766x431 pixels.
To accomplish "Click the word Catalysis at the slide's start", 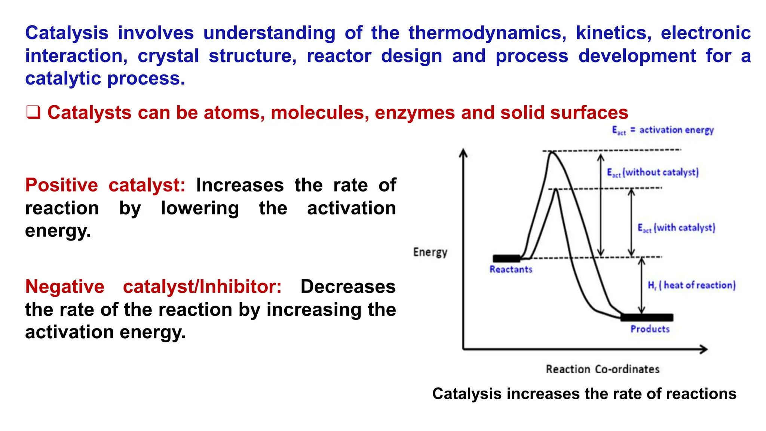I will tap(67, 33).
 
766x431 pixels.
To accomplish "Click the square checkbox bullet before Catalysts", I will tap(33, 113).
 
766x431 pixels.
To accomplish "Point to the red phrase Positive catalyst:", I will tap(105, 185).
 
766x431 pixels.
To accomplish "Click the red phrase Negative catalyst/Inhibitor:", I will tap(153, 287).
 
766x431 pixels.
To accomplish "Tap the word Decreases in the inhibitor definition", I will tap(348, 287).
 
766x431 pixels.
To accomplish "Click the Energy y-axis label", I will tap(430, 252).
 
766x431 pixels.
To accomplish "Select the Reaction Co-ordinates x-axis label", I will tap(602, 369).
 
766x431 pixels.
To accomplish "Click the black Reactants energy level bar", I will tap(506, 258).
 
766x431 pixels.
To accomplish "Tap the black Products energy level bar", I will tap(647, 318).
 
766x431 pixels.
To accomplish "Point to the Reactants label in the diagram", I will tap(511, 269).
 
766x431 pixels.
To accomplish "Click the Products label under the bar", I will tap(650, 329).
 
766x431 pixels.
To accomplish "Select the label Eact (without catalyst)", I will tap(653, 172).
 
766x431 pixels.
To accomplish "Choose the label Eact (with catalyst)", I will tap(676, 228).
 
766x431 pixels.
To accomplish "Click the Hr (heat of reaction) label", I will tap(692, 285).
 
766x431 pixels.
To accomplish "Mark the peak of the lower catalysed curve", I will tap(556, 190).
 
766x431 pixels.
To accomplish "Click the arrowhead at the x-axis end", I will tap(704, 349).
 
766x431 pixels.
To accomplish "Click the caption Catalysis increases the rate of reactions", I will tap(584, 394).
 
